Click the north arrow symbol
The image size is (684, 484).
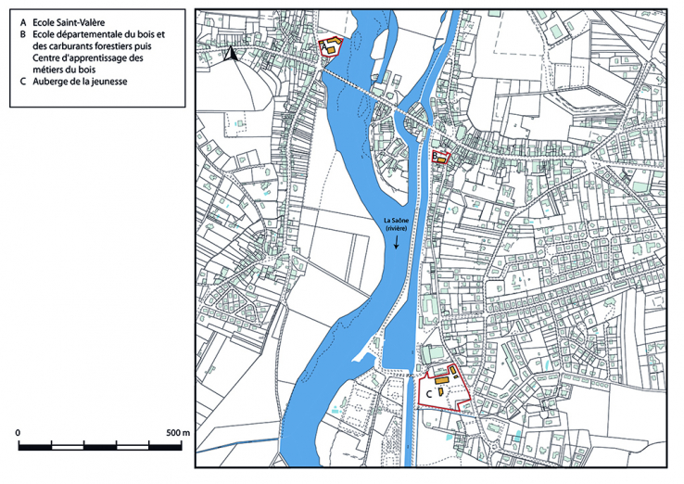(x=234, y=54)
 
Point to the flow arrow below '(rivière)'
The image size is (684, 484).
(x=397, y=241)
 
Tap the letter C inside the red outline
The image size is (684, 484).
(x=427, y=393)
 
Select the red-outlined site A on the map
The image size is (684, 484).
(x=329, y=48)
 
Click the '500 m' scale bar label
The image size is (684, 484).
(x=178, y=433)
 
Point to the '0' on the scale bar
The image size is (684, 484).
(x=19, y=433)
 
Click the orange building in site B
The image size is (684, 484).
(x=444, y=159)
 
